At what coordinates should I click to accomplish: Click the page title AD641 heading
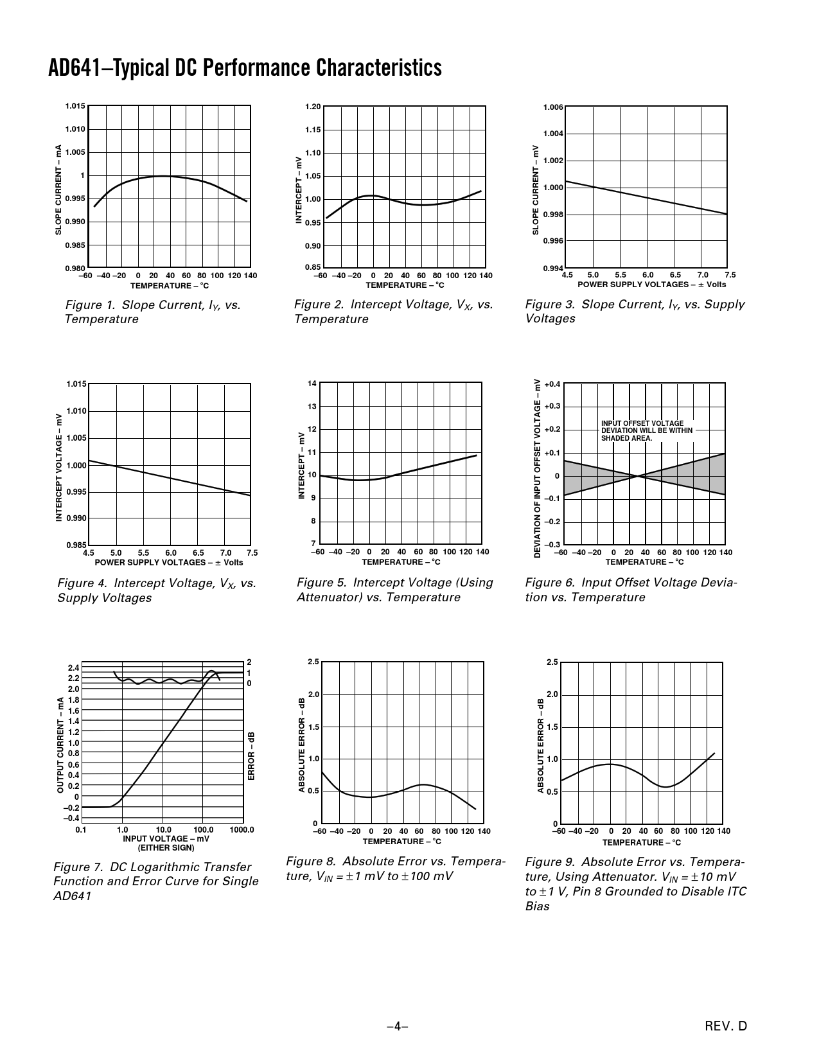245,68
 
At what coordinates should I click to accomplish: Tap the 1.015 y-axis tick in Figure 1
75,106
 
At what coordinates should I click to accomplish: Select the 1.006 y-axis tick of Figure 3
553,107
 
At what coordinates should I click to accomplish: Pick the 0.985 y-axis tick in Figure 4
76,545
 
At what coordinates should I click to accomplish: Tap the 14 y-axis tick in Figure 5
312,384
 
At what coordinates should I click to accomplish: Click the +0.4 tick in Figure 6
552,384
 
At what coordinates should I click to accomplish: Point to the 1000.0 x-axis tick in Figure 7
242,829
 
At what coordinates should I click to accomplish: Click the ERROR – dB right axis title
252,756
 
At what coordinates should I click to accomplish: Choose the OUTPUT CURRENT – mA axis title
60,745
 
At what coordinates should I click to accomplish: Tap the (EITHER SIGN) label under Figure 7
166,847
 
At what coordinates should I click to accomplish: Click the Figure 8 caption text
395,869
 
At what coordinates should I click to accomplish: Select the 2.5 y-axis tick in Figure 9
553,662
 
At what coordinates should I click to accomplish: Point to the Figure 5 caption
394,590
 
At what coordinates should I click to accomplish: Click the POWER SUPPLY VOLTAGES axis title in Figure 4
169,563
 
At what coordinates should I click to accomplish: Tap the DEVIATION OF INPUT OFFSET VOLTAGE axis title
538,467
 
